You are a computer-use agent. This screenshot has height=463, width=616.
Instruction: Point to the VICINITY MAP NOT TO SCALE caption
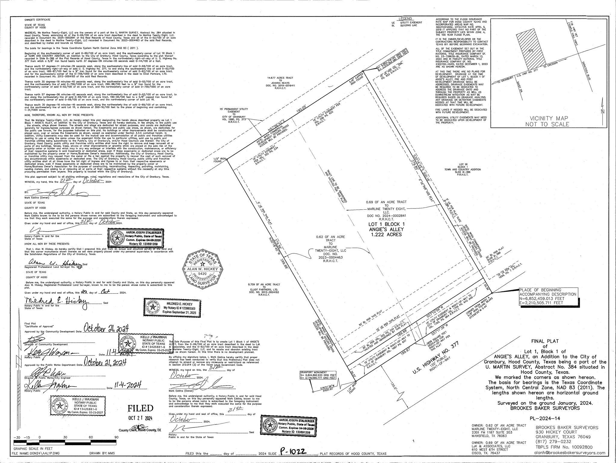coord(547,121)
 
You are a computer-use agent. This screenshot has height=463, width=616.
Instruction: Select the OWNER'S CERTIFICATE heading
coord(38,20)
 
